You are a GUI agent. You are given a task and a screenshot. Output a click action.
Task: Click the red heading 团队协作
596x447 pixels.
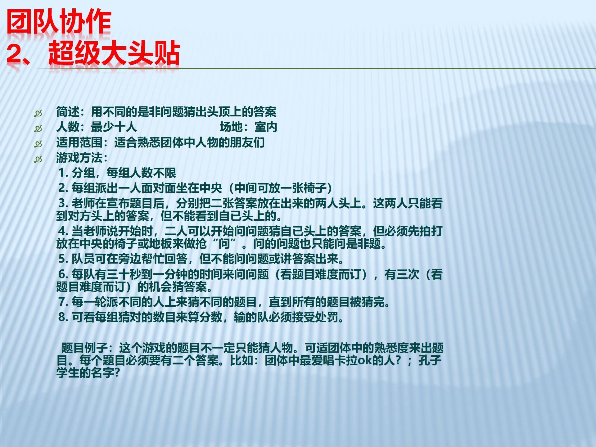(59, 22)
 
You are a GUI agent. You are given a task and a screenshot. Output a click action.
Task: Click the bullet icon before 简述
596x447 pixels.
(38, 113)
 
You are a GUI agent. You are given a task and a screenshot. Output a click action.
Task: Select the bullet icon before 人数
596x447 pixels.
(38, 128)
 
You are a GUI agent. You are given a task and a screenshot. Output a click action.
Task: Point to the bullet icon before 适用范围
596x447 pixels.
(38, 144)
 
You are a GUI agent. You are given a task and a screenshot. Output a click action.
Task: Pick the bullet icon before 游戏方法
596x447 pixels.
(38, 159)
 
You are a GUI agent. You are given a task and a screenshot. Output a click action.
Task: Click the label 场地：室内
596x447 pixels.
(248, 127)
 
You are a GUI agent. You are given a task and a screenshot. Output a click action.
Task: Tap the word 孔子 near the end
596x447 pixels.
(430, 360)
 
